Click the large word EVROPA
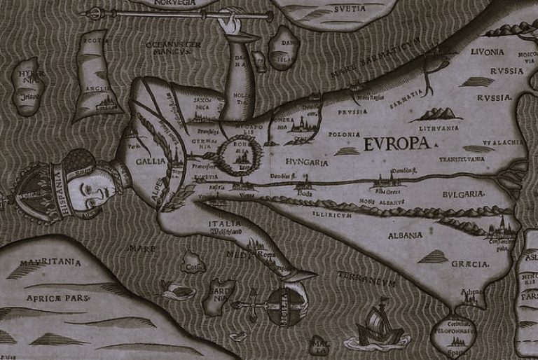pos(396,145)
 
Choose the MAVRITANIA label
pos(50,263)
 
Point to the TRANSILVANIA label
pos(462,159)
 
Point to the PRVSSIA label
pos(352,111)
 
